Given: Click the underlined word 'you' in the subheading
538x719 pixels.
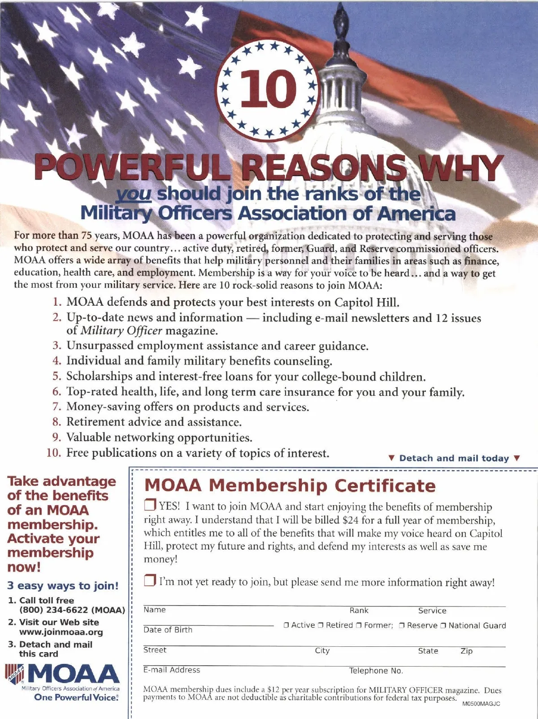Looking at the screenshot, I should point(133,194).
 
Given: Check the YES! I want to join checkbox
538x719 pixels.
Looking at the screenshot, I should point(150,505).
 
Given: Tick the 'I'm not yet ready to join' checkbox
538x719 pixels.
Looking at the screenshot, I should point(150,581).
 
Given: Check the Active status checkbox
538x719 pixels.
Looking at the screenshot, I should point(286,625).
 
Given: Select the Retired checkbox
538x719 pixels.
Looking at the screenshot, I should point(321,625).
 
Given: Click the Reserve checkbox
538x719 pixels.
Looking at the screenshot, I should point(402,625).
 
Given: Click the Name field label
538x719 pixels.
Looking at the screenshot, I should point(154,610).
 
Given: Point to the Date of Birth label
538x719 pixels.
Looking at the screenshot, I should point(168,630).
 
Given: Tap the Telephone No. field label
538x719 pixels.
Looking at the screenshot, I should point(376,671).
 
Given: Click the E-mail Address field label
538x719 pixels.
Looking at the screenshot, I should point(172,670).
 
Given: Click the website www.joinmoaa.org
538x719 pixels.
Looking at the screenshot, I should point(61,632).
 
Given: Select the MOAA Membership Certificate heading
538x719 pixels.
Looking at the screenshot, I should point(290,486).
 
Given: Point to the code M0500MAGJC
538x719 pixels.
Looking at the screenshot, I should point(481,704).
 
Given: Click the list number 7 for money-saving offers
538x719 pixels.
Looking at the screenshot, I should point(56,407).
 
